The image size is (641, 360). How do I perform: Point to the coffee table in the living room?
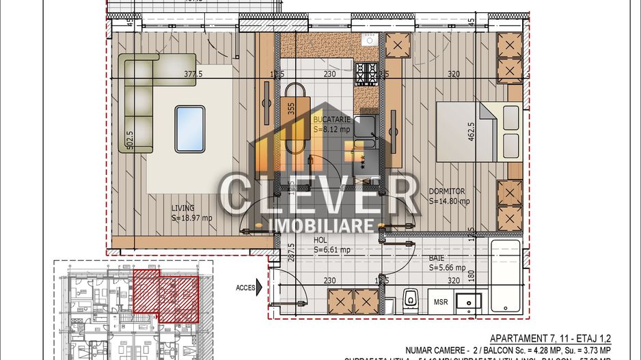tap(189, 128)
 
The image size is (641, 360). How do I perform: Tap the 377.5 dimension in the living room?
tap(196, 75)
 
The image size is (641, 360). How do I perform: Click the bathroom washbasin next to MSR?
tap(470, 301)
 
